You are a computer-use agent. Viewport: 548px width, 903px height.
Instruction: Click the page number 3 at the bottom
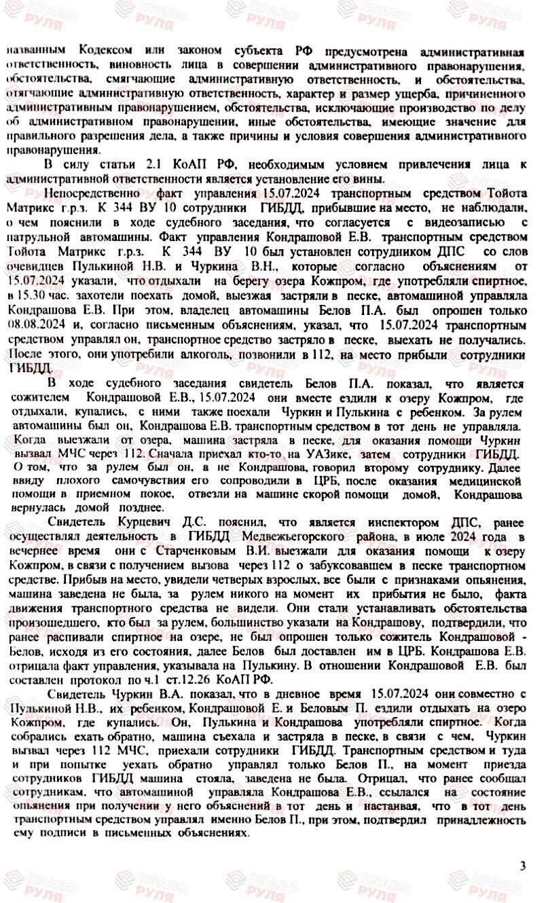coord(522,866)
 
